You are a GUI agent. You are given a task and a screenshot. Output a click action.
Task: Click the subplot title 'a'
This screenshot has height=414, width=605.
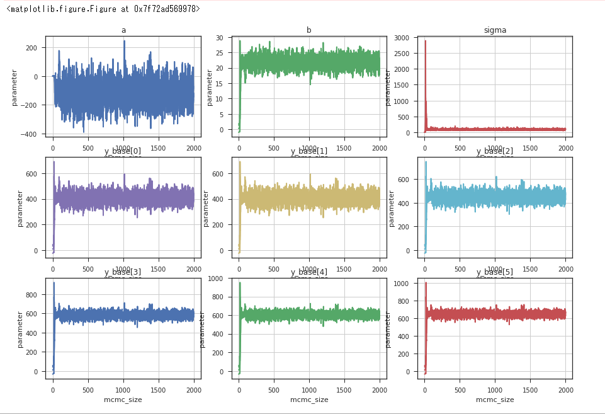click(x=123, y=30)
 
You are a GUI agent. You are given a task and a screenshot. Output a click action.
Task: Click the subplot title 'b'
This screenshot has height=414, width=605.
click(x=309, y=30)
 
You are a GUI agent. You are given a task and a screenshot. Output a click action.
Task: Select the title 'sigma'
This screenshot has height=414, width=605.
click(x=495, y=30)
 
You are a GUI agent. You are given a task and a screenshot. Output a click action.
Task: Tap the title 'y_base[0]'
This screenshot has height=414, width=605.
click(x=123, y=151)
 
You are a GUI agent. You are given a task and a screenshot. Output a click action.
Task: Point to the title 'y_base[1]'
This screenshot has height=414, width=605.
click(x=309, y=151)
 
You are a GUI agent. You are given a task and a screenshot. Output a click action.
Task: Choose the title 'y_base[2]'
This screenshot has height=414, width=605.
click(x=495, y=151)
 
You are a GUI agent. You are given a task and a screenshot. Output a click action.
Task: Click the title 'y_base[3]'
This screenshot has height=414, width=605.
click(x=123, y=272)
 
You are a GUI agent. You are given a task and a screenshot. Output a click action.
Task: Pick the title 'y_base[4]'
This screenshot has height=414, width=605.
click(x=309, y=272)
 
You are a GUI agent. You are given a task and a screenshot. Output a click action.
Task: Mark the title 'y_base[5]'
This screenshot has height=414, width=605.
click(x=495, y=272)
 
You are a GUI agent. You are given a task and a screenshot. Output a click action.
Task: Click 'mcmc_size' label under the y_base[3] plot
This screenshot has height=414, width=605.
click(x=123, y=400)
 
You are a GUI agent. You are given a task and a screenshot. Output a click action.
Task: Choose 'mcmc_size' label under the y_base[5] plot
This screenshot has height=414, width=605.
click(x=495, y=400)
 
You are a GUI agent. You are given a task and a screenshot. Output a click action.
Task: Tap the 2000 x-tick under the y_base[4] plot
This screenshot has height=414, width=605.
click(x=380, y=389)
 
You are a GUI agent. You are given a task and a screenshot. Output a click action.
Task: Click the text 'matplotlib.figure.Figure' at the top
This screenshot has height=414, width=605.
click(x=59, y=9)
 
